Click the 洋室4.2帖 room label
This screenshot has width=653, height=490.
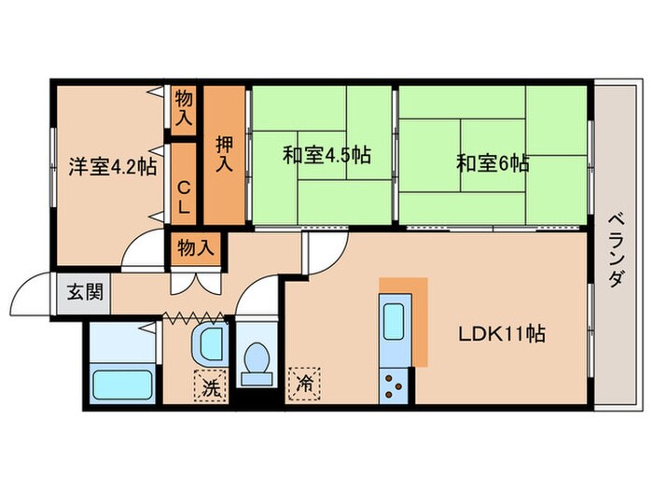click(111, 168)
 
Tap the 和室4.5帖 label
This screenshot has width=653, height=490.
click(326, 154)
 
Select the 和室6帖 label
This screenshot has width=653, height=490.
click(493, 163)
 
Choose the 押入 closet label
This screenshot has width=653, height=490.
click(224, 154)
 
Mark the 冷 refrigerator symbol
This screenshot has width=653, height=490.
click(304, 382)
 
